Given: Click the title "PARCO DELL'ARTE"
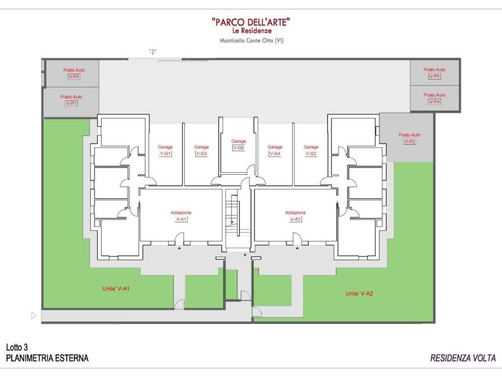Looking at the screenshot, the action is point(251,22).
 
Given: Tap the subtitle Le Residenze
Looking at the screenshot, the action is point(252,31).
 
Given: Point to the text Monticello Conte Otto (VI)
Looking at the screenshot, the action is point(251,41).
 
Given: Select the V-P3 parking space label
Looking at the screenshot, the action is point(74,74).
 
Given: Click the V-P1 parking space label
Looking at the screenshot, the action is point(72,100).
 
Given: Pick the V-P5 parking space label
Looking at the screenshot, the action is point(434,73).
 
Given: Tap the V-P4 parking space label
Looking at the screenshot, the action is point(434,98).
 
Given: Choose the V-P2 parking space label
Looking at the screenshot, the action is point(409,138).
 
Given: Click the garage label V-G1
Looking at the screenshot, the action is point(165,150).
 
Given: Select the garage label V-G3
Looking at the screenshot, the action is point(201,150).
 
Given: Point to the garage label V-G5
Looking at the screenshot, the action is point(239,145).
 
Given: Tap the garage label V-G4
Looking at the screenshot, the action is point(275,150).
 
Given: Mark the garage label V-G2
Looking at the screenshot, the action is point(311,150).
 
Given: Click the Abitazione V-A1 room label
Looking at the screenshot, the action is point(181,216).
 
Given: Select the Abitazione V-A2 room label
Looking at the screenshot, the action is point(296,216).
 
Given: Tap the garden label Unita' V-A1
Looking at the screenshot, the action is point(116,289).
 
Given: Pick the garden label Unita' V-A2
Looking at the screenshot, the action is point(359,294).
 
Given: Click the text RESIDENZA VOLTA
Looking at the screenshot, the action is point(463,358).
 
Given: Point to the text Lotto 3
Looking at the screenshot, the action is point(17,347).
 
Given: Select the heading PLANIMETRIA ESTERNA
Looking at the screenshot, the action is point(47,358).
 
